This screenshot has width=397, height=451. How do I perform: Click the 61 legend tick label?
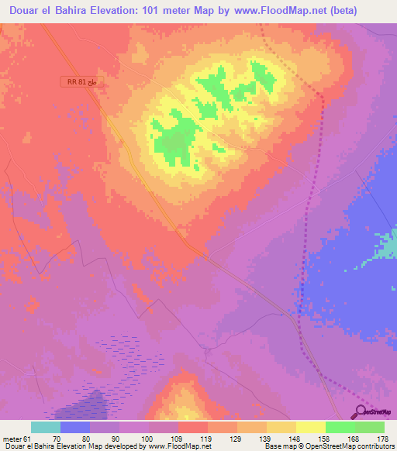[28, 438]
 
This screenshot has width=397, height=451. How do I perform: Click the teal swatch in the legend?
[46, 427]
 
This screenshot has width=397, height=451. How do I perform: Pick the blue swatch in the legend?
[75, 427]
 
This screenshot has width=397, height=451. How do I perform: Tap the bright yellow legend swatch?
[311, 427]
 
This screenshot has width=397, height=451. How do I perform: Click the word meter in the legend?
[12, 438]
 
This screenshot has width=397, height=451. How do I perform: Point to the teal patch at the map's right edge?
[389, 246]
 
